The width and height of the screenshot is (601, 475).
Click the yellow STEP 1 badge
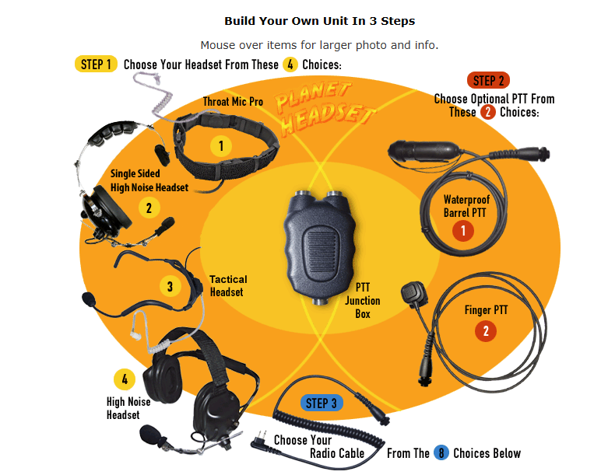(96, 64)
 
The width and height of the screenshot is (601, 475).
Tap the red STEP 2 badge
(489, 80)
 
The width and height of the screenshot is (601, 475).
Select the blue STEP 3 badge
(322, 403)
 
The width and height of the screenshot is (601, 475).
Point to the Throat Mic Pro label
(233, 102)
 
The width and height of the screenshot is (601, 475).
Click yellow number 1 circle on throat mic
(221, 145)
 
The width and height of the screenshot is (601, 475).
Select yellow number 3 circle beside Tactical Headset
(170, 286)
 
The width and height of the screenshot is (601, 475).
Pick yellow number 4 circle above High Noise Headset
(125, 380)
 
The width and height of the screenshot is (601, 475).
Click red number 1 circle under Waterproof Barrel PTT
(464, 230)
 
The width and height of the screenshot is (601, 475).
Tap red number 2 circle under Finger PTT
(486, 332)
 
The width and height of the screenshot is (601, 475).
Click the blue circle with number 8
(441, 453)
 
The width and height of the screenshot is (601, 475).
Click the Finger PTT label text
(486, 310)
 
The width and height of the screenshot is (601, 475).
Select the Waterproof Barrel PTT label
(465, 205)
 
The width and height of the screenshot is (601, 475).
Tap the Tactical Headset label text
(228, 285)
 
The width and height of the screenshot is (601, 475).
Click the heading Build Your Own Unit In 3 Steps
(319, 20)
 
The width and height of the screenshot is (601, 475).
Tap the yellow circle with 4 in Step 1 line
(290, 65)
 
